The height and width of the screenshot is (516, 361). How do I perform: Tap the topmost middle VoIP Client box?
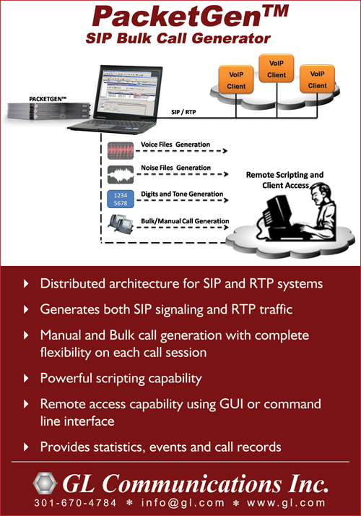tap(277, 69)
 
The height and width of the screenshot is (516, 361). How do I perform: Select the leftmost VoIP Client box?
tap(236, 80)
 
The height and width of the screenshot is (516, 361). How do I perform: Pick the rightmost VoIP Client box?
tap(317, 79)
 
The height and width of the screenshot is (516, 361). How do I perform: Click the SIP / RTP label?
tap(183, 112)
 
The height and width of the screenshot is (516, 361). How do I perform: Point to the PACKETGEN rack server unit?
tap(48, 111)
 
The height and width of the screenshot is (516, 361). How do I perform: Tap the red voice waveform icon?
tap(121, 150)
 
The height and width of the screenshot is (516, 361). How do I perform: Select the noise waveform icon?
tap(121, 174)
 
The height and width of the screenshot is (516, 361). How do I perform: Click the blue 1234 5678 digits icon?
tap(121, 199)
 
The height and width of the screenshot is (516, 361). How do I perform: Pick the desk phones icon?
tap(121, 224)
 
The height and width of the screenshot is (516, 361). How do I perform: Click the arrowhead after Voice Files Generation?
tap(225, 151)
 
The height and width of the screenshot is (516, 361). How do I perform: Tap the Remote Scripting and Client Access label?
tap(284, 180)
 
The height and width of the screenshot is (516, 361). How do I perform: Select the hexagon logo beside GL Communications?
tap(45, 483)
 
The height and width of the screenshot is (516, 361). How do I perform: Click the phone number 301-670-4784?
tap(75, 503)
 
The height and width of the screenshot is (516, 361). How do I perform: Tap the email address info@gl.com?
tap(183, 503)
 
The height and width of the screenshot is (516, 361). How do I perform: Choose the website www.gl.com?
tap(286, 503)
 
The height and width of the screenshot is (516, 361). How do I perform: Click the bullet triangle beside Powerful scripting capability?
tap(26, 378)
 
